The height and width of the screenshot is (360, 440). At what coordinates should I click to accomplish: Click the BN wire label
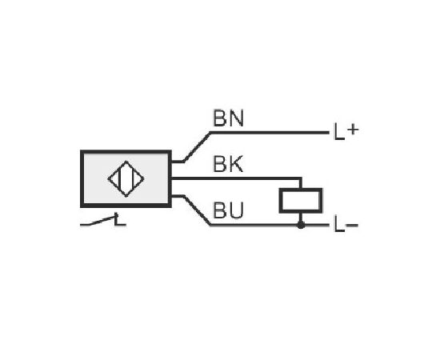[228, 118]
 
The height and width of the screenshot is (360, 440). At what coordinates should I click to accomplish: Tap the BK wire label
[228, 164]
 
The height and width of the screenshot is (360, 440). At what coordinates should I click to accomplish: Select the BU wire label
[228, 210]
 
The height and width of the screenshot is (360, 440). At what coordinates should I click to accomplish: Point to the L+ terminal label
[346, 132]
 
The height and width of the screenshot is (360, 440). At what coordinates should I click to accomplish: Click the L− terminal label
[346, 224]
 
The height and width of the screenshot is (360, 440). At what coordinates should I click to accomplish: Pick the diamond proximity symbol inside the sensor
[126, 178]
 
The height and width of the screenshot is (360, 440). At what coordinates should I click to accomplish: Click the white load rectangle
[301, 201]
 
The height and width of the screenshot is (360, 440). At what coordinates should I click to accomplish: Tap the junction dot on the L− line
[301, 225]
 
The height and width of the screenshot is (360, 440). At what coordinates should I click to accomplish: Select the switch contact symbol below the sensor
[103, 220]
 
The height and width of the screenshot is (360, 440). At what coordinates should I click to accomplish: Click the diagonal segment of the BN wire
[197, 147]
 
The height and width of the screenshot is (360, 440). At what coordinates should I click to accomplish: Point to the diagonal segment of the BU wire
[197, 210]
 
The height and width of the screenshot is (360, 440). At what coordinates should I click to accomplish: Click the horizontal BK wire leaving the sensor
[236, 178]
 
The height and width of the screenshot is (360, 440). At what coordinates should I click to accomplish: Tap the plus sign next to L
[353, 130]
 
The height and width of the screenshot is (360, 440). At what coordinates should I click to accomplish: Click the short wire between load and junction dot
[301, 217]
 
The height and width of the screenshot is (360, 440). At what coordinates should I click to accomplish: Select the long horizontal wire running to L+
[270, 133]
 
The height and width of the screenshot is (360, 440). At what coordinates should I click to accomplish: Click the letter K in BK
[236, 164]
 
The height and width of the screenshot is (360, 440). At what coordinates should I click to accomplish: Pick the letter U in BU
[236, 210]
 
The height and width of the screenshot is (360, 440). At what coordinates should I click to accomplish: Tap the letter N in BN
[236, 118]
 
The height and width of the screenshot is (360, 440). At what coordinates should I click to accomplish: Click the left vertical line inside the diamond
[120, 178]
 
